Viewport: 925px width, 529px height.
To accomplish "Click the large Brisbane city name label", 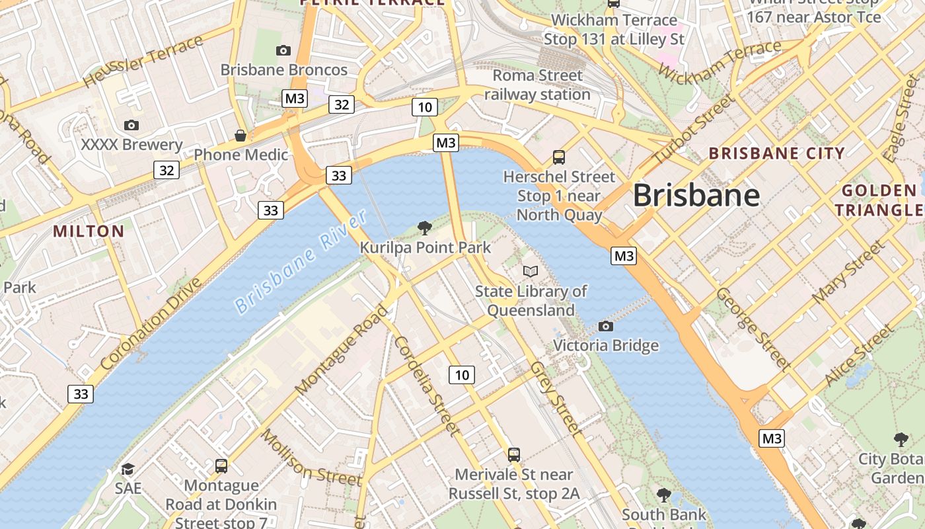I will click(x=696, y=196).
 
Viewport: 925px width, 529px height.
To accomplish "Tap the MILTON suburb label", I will click(x=89, y=231).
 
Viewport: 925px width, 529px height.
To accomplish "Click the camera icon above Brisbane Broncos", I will click(x=283, y=50).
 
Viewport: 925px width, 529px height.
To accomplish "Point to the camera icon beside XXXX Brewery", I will click(x=131, y=125).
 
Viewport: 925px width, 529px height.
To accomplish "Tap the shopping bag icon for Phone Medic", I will click(x=240, y=136).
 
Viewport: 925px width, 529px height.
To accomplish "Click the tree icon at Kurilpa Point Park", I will click(x=425, y=228).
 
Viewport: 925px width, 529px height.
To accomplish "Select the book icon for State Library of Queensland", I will click(x=530, y=271).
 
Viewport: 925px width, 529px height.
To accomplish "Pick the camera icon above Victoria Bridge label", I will click(x=605, y=326).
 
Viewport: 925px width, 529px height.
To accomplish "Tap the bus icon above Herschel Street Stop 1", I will click(x=559, y=157).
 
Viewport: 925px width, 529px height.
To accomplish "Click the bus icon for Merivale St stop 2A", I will click(x=514, y=454).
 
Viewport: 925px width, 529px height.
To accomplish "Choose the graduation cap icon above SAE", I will click(x=128, y=469).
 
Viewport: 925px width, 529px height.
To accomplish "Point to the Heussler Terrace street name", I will click(x=143, y=61).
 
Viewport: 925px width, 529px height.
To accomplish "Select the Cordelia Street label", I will click(x=426, y=386).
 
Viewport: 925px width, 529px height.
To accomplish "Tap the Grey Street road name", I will click(x=557, y=399).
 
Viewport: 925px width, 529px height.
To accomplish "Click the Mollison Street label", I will click(x=311, y=458).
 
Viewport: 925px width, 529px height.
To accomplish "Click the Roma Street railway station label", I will click(x=537, y=85).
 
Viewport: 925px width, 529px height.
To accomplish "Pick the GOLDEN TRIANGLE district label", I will click(x=879, y=201).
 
